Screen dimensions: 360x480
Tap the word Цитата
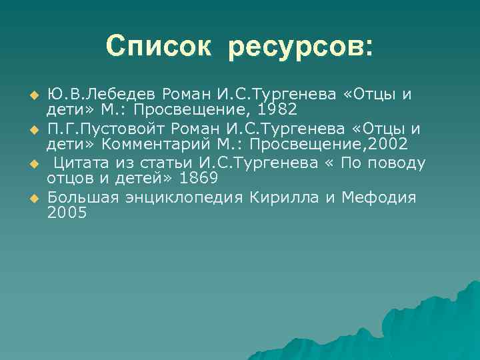[x=82, y=163]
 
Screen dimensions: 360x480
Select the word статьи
[x=175, y=163]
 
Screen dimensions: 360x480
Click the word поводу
[x=393, y=163]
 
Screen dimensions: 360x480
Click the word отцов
[x=69, y=180]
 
